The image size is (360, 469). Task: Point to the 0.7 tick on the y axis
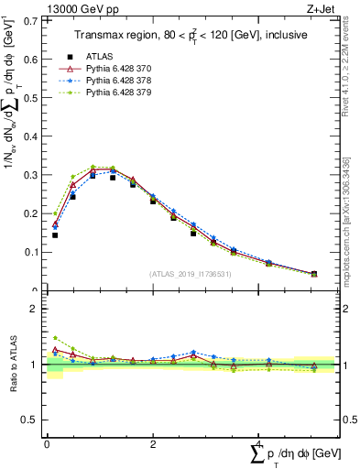(x=30, y=19)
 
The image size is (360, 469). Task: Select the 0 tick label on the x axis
(x=47, y=443)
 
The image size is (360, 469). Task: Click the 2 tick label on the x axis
(x=153, y=443)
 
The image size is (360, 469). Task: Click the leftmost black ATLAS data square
(x=55, y=235)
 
